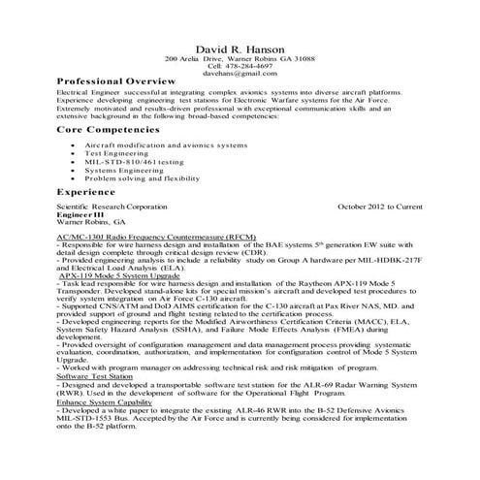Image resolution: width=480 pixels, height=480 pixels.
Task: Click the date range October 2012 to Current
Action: [x=379, y=207]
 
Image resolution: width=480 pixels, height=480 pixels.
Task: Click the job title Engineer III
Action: [x=78, y=214]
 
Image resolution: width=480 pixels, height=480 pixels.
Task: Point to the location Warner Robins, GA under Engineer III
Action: [x=84, y=222]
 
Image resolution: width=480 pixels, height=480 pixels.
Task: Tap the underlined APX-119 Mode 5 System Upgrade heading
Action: [x=125, y=276]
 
